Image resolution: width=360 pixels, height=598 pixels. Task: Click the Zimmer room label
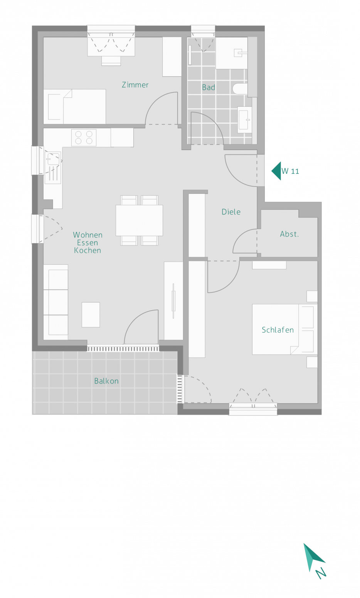coord(135,85)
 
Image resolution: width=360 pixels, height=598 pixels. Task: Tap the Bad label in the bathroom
coord(208,87)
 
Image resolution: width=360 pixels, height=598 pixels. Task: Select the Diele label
coord(231,212)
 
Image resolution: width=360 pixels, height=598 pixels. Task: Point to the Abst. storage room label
coord(289,234)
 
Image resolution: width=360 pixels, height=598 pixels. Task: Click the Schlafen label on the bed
coord(278,330)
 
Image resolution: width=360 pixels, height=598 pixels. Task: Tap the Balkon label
coord(106,381)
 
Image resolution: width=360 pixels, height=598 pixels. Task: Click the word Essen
coord(87,243)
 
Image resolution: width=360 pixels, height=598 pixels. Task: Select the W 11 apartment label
coord(290,171)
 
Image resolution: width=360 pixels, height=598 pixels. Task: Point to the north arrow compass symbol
coord(314,561)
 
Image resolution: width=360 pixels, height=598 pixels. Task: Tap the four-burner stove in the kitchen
coord(84,138)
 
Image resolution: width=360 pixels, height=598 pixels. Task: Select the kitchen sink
coord(53,168)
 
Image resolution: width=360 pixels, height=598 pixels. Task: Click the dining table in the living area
coord(139,220)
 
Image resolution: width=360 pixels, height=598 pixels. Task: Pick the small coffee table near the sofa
coord(91,315)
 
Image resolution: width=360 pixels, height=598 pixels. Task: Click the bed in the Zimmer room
coord(75,106)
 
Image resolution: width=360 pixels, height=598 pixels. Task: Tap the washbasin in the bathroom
coord(244,120)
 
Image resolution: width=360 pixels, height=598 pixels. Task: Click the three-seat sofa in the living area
coord(56,302)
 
